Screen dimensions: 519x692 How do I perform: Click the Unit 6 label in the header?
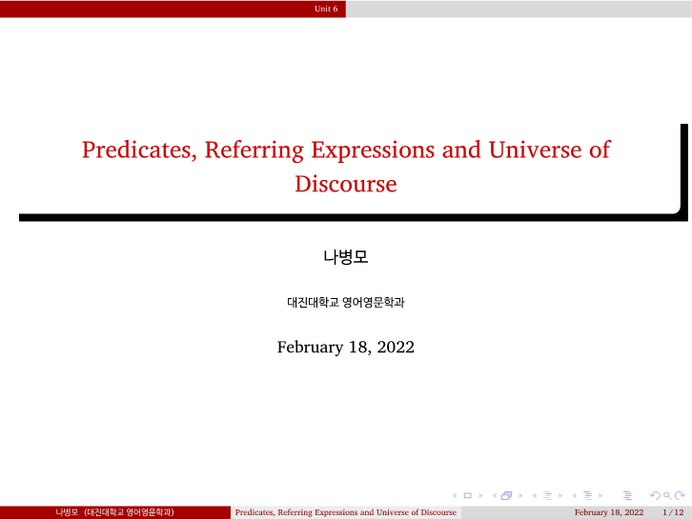click(326, 9)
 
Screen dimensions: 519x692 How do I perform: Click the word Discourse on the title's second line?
click(346, 184)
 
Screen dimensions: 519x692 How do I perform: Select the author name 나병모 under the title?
click(346, 257)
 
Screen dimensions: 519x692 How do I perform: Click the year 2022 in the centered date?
click(396, 347)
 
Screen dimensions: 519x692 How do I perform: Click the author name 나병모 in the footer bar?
click(66, 512)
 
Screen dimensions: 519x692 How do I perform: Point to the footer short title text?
click(346, 512)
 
